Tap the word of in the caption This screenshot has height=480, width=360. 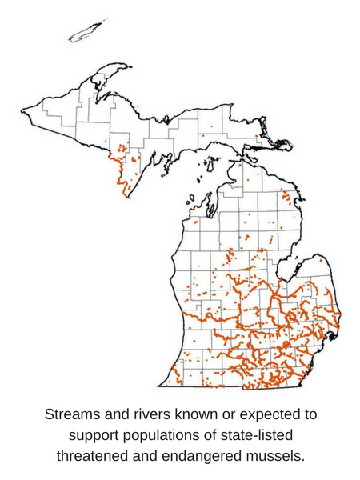(221, 436)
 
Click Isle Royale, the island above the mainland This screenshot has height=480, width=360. (85, 32)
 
